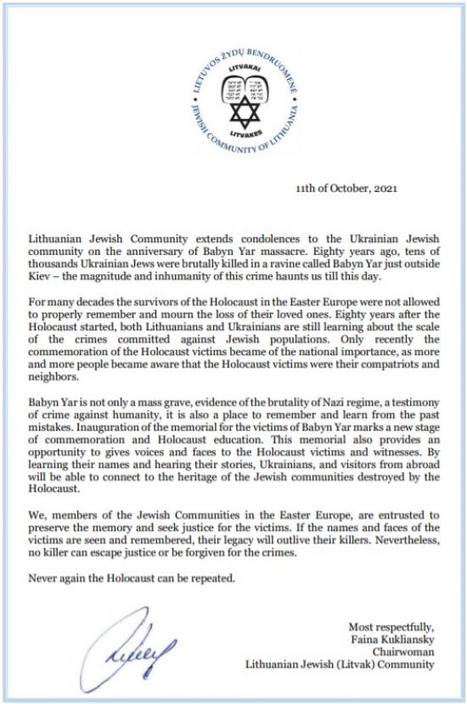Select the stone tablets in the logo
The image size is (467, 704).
pyautogui.click(x=233, y=83)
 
